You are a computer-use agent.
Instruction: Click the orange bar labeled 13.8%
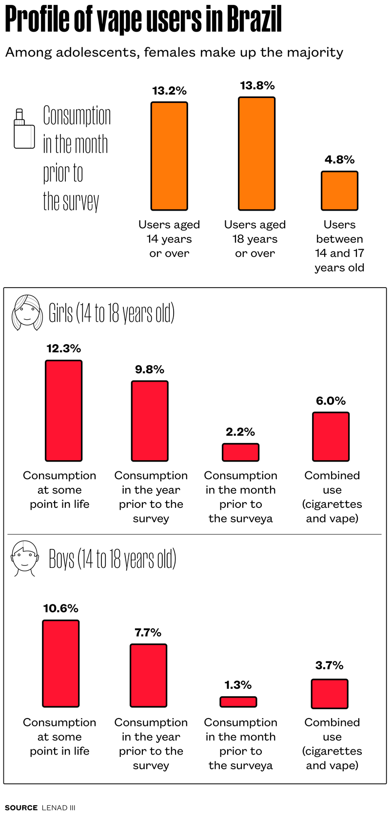[x=256, y=154]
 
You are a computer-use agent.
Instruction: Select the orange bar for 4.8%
[x=339, y=191]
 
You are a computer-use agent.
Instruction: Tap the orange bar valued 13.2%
[x=169, y=156]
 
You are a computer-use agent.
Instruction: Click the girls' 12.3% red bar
[x=63, y=410]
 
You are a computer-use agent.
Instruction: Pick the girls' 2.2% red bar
[x=240, y=452]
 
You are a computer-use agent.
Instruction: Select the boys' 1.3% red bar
[x=238, y=702]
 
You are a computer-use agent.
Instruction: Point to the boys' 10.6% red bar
[x=60, y=663]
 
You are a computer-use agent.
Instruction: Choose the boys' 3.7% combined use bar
[x=330, y=694]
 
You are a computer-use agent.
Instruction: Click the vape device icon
[x=23, y=129]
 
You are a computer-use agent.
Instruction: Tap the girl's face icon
[x=27, y=312]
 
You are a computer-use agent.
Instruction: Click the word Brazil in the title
[x=254, y=19]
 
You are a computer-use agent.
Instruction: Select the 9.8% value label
[x=150, y=369]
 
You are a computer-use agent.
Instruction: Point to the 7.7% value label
[x=148, y=633]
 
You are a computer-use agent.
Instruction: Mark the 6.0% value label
[x=331, y=401]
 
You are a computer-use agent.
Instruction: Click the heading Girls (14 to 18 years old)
[x=112, y=313]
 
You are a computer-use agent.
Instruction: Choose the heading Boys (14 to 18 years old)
[x=112, y=559]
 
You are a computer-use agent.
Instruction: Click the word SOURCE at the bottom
[x=21, y=808]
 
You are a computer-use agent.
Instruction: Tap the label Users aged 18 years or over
[x=255, y=239]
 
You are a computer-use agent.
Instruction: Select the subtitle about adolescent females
[x=174, y=52]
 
